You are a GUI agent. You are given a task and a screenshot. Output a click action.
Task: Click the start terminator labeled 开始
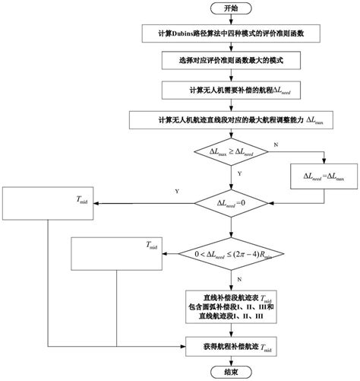click(x=230, y=8)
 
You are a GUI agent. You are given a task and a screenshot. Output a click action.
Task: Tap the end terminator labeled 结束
click(x=230, y=372)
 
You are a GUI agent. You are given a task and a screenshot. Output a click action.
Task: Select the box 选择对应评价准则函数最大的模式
click(x=229, y=58)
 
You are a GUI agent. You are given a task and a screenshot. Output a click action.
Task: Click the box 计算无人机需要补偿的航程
click(x=229, y=90)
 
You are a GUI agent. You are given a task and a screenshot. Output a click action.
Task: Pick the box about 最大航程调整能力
click(x=229, y=120)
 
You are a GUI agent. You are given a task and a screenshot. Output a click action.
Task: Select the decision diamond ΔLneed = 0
click(x=230, y=202)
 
